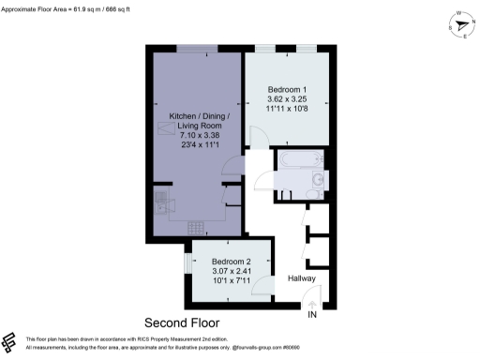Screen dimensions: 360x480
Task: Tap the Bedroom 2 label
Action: (x=232, y=262)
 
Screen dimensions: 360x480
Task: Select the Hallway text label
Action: (x=301, y=278)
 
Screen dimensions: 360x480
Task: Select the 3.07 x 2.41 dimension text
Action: (x=232, y=272)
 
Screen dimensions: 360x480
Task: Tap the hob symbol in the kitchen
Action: (x=196, y=226)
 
